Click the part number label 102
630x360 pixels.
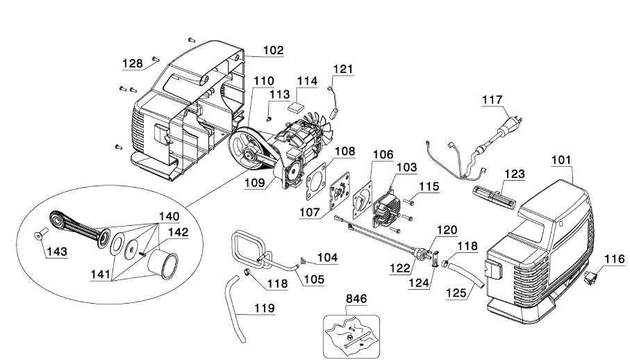(273, 50)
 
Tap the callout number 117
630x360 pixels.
(492, 99)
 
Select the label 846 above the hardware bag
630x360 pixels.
(356, 299)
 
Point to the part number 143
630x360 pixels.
(57, 252)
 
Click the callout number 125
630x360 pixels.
(456, 293)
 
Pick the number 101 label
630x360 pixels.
(561, 160)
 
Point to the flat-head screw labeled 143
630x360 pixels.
(40, 233)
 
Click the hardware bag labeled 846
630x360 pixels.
(351, 336)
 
